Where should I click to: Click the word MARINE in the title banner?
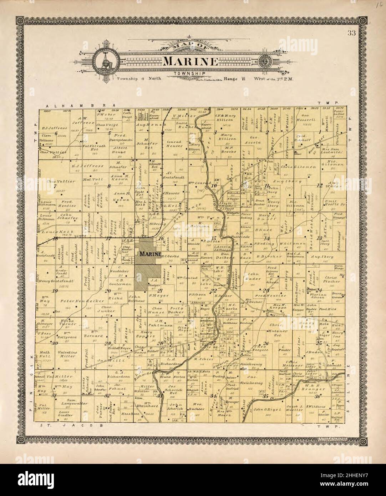pos(191,62)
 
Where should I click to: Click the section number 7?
pos(55,186)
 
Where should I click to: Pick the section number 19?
pos(55,291)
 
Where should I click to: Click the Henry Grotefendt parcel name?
pos(56,281)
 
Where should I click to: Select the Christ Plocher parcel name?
pos(333,279)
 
